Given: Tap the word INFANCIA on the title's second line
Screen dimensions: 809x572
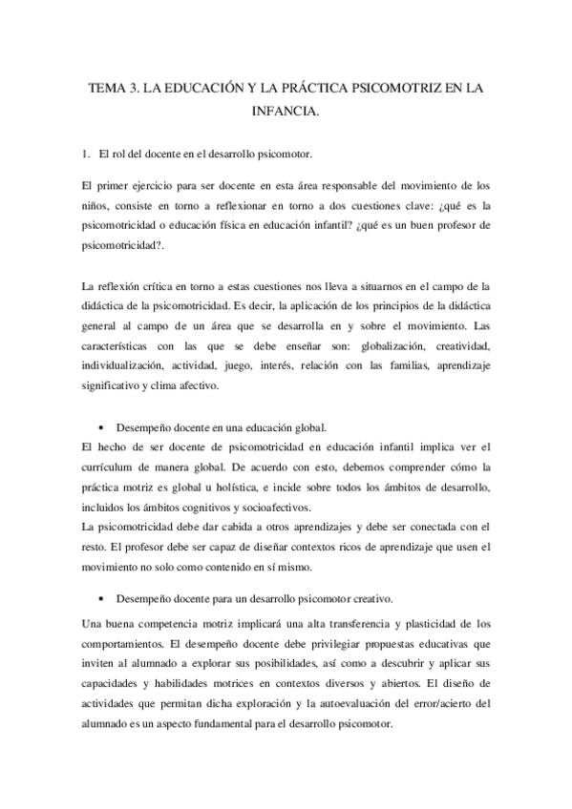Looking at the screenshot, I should coord(286,112).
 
